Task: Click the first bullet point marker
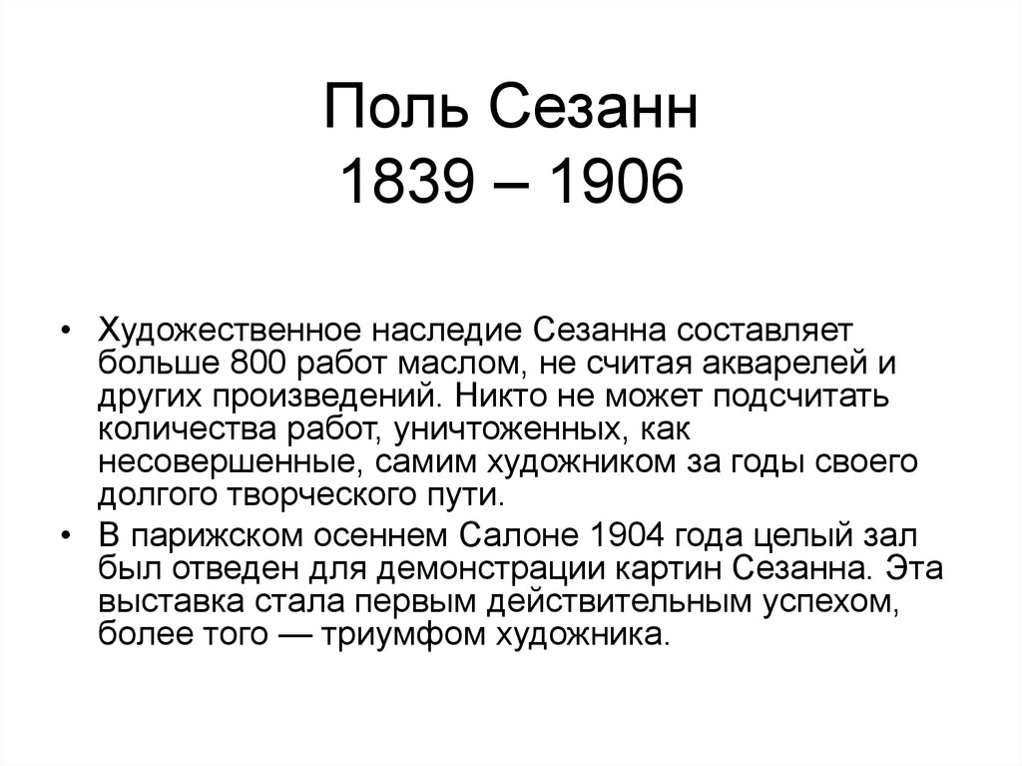pyautogui.click(x=66, y=331)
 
